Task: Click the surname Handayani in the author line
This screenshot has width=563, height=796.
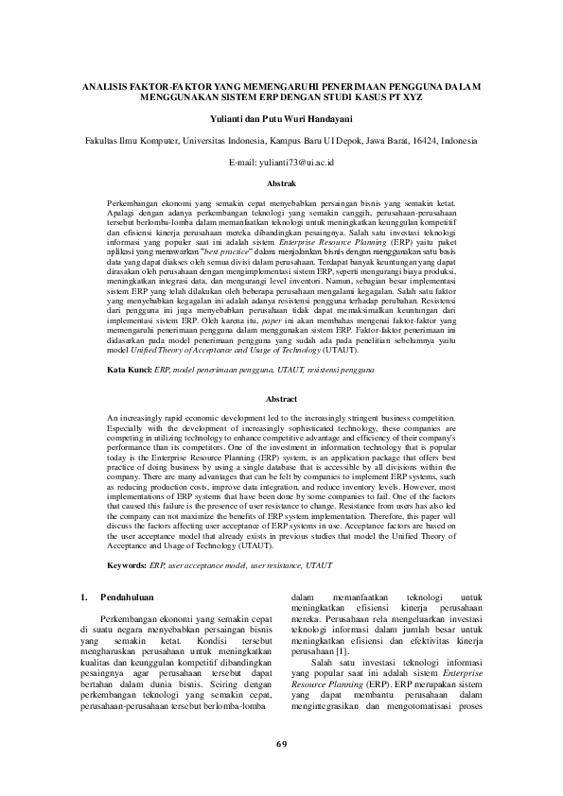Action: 326,118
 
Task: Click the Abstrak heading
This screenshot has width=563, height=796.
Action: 281,182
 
